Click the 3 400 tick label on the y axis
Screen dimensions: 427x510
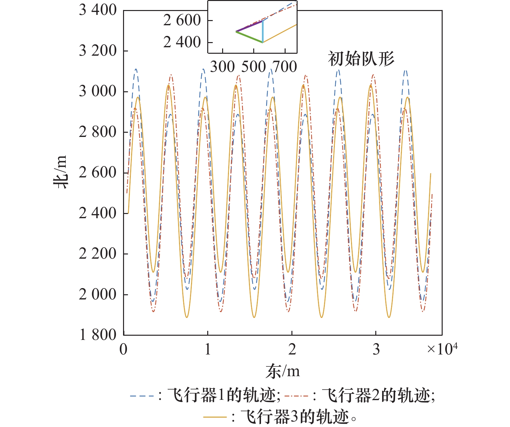pos(97,10)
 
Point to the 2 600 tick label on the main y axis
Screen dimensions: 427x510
pos(97,173)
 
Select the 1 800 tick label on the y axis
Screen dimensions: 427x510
pos(97,335)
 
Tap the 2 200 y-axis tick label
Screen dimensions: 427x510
pos(97,254)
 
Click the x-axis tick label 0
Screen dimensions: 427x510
pos(123,349)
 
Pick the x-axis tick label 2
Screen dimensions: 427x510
pos(292,349)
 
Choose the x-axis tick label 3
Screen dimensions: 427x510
pos(376,349)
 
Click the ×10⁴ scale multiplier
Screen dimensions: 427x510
pos(442,349)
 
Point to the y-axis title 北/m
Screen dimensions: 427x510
pos(61,172)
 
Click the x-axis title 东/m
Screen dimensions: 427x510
pos(282,371)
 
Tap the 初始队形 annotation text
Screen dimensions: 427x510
pos(361,59)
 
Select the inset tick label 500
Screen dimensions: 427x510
pos(254,67)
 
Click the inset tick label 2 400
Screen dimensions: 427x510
pos(182,42)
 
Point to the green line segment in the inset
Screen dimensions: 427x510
pos(249,37)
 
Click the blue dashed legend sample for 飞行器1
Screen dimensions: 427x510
pos(142,396)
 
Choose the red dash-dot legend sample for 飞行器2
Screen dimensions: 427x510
pos(296,396)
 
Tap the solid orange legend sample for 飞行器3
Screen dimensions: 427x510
pos(215,417)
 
